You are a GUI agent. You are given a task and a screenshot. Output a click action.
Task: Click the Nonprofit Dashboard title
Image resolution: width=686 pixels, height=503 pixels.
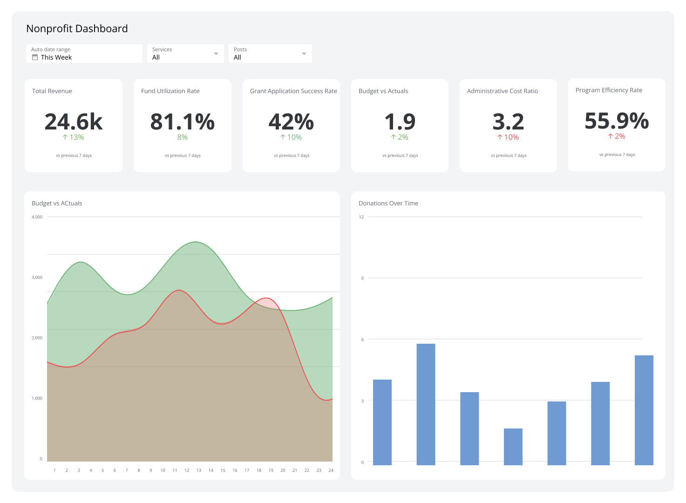[77, 29]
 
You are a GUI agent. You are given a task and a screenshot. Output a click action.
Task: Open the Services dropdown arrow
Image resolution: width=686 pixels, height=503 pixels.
[216, 54]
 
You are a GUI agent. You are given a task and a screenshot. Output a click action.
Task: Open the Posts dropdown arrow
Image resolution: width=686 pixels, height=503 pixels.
[304, 54]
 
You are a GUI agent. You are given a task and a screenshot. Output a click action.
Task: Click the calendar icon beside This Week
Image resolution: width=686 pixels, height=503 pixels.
[35, 57]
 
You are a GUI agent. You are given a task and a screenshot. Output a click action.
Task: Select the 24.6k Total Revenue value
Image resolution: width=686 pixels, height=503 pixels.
[74, 122]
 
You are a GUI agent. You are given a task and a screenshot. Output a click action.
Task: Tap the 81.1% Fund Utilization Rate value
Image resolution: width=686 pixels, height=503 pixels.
[183, 122]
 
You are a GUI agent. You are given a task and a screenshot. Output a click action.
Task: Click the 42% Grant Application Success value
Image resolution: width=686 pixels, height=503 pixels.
[291, 122]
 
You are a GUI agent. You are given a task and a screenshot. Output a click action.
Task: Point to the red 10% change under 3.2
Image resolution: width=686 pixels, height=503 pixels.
[508, 137]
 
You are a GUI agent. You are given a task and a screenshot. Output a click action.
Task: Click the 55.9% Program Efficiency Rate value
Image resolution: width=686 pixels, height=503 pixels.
[617, 121]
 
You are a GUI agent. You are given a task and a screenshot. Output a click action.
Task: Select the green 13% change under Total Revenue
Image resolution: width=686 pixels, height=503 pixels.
[74, 137]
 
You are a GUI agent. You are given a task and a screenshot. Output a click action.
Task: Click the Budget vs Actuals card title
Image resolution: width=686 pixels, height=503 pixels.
[383, 91]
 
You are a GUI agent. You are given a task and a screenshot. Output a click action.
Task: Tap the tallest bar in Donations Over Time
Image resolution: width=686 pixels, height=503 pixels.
[426, 404]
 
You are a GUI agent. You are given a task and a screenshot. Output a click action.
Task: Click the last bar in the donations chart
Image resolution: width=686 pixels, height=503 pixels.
[644, 410]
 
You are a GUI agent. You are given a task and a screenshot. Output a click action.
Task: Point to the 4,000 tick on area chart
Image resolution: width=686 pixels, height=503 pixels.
[37, 217]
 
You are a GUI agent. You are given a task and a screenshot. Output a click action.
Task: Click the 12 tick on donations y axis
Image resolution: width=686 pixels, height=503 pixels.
[361, 217]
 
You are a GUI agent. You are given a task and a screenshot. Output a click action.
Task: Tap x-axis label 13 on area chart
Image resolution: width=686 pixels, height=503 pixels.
[199, 470]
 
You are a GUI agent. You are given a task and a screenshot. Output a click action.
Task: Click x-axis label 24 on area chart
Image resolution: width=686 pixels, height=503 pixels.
[331, 470]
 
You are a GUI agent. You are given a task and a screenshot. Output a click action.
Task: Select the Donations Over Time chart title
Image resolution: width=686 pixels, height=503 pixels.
[388, 204]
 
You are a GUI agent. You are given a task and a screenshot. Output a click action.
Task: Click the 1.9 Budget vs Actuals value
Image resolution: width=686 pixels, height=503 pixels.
[400, 122]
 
